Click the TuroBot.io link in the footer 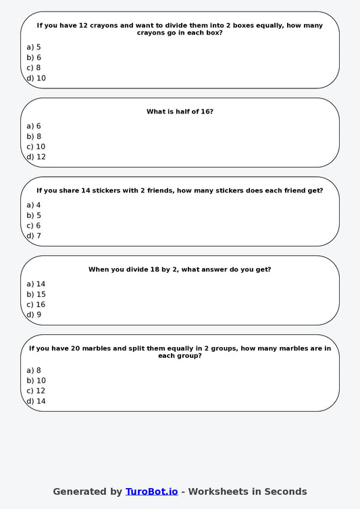click(151, 491)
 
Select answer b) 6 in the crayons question click(34, 57)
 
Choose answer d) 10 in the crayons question click(36, 78)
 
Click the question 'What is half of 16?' click(180, 111)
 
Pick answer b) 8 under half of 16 click(34, 136)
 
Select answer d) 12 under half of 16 click(36, 157)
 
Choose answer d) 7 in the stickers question click(34, 236)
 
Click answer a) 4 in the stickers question click(34, 205)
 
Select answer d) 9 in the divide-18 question click(34, 315)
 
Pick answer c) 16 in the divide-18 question click(36, 304)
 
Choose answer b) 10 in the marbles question click(36, 381)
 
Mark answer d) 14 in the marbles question click(36, 401)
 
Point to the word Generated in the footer click(78, 491)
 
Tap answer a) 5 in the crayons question click(34, 47)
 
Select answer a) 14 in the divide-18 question click(36, 284)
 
